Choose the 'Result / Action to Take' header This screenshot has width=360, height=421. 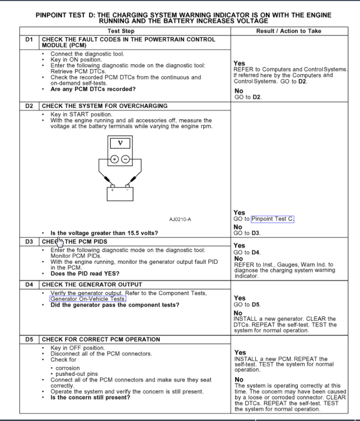pyautogui.click(x=288, y=31)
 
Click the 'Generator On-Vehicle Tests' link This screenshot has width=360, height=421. pyautogui.click(x=88, y=298)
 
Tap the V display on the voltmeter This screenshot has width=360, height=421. pyautogui.click(x=120, y=143)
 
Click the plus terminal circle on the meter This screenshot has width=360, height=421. pyautogui.click(x=115, y=159)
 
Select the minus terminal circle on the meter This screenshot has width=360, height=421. pyautogui.click(x=126, y=159)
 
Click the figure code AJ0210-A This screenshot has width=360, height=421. pyautogui.click(x=180, y=219)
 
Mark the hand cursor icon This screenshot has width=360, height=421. pyautogui.click(x=60, y=242)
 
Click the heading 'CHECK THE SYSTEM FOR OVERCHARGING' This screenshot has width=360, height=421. pyautogui.click(x=105, y=105)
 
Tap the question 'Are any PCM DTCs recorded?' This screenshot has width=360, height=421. pyautogui.click(x=93, y=89)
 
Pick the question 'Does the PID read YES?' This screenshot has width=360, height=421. pyautogui.click(x=85, y=273)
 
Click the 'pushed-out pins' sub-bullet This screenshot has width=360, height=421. pyautogui.click(x=76, y=374)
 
